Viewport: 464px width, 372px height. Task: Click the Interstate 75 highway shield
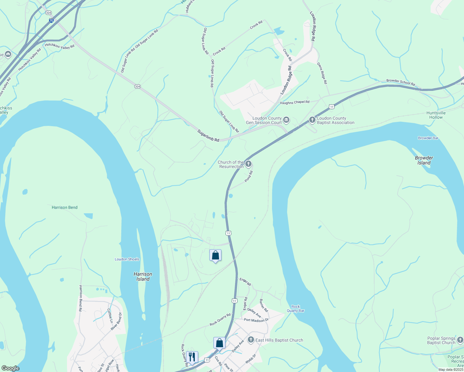point(51,21)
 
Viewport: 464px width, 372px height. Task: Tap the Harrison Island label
point(143,277)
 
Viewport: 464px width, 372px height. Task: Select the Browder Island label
point(424,160)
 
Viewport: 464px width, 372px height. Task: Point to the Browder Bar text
point(428,138)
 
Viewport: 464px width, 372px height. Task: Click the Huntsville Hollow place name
point(436,115)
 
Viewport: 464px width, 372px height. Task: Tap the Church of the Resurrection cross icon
point(248,164)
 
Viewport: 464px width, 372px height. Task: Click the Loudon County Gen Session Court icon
point(286,120)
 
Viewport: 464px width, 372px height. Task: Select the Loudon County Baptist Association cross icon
point(312,120)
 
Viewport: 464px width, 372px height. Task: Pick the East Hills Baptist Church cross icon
point(251,340)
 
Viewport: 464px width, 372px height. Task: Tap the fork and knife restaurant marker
point(192,357)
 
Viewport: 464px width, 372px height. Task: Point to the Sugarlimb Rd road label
point(208,136)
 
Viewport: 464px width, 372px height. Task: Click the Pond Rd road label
point(249,176)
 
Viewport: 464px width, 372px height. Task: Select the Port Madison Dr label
point(256,320)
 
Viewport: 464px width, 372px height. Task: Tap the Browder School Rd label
point(400,82)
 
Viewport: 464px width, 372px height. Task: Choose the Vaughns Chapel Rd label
point(295,102)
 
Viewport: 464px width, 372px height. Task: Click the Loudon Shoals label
point(127,259)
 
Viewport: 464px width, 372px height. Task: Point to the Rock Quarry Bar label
point(296,308)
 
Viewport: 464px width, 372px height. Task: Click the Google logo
point(10,368)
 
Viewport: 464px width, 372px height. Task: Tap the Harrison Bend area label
point(65,207)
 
